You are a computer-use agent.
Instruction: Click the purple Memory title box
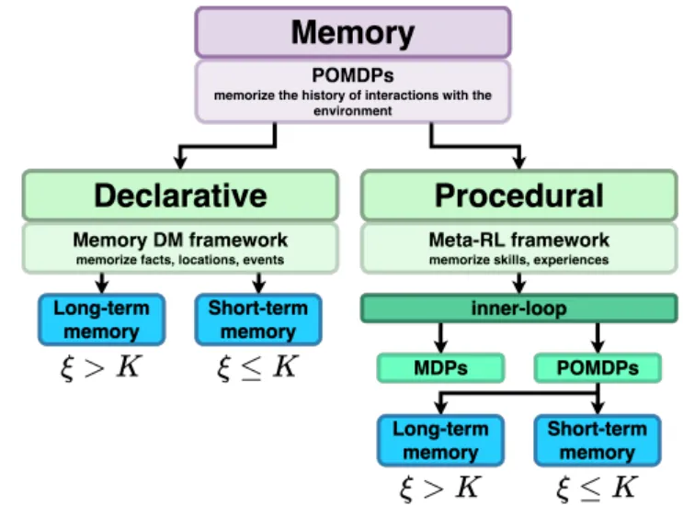[352, 33]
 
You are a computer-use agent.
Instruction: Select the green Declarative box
[180, 196]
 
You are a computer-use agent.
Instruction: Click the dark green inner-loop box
[518, 309]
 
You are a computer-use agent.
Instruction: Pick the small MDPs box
[440, 368]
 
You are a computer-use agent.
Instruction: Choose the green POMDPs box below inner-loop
[599, 368]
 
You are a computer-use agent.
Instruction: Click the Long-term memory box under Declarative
[102, 320]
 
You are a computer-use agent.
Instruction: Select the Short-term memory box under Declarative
[258, 320]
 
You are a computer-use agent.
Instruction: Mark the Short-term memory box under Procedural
[598, 441]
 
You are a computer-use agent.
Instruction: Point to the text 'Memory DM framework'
[180, 241]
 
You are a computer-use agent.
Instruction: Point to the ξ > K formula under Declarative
[102, 367]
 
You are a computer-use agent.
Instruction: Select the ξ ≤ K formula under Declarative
[258, 367]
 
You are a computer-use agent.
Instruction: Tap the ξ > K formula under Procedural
[440, 488]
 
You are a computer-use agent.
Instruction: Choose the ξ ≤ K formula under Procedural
[598, 488]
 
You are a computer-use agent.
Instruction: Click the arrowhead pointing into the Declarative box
[180, 163]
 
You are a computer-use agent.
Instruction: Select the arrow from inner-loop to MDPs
[440, 337]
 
